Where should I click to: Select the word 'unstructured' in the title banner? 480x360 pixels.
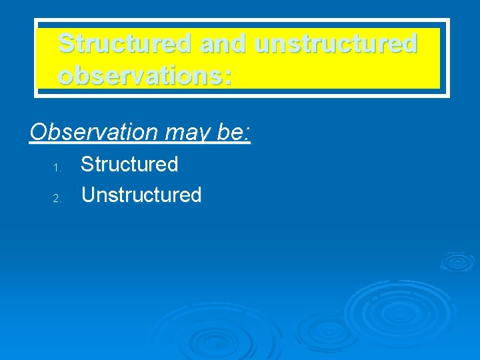click(x=337, y=43)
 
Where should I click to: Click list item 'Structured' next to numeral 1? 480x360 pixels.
click(x=129, y=164)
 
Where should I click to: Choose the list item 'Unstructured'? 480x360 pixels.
click(x=141, y=195)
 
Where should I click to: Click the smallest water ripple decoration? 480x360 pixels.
click(x=457, y=261)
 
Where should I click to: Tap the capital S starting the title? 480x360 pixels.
click(x=67, y=43)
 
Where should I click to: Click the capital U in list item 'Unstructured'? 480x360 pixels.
click(x=88, y=195)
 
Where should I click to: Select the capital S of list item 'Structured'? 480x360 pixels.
click(x=87, y=164)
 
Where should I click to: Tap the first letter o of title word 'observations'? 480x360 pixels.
click(x=67, y=77)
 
